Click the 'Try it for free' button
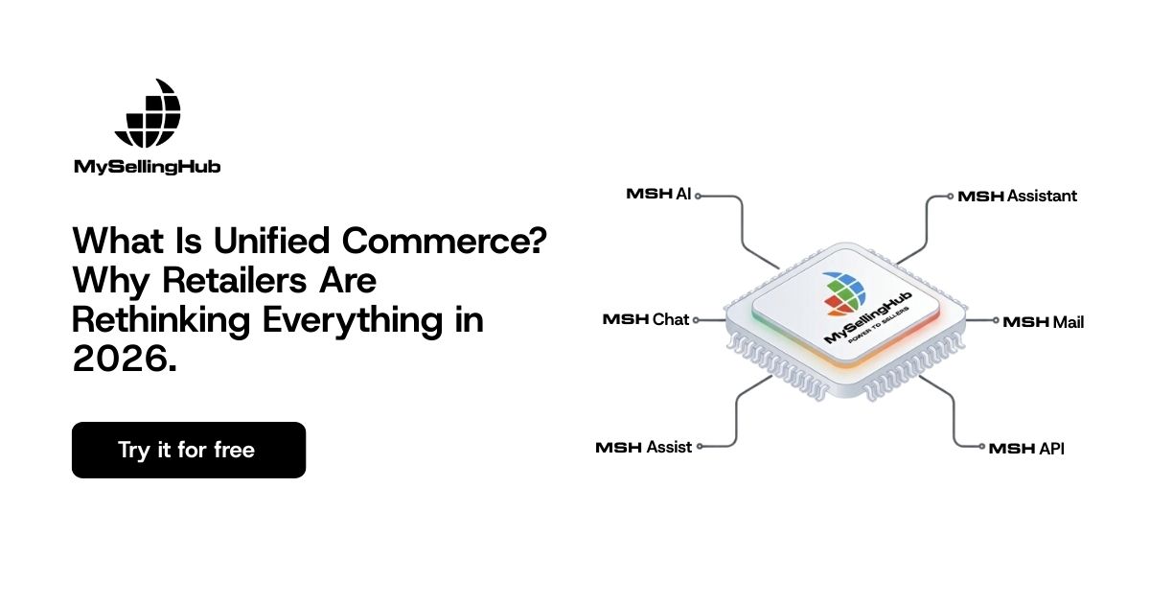pos(189,450)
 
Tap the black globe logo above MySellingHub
pos(148,113)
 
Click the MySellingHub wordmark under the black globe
pos(148,167)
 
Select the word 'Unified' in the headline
pos(271,241)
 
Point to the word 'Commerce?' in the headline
pos(445,241)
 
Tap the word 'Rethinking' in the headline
pos(161,319)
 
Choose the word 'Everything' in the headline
pos(353,320)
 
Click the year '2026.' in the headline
pos(125,359)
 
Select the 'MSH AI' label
pos(658,194)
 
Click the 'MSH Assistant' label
pos(1018,196)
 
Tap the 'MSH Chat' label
pos(645,319)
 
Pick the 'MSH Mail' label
pos(1044,322)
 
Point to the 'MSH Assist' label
pos(644,447)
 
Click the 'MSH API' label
pos(1026,449)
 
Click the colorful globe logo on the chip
pos(844,293)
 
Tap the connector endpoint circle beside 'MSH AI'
pos(699,196)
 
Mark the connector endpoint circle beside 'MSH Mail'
pos(996,320)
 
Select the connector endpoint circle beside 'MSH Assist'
pos(700,447)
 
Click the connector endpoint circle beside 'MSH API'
pos(981,447)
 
